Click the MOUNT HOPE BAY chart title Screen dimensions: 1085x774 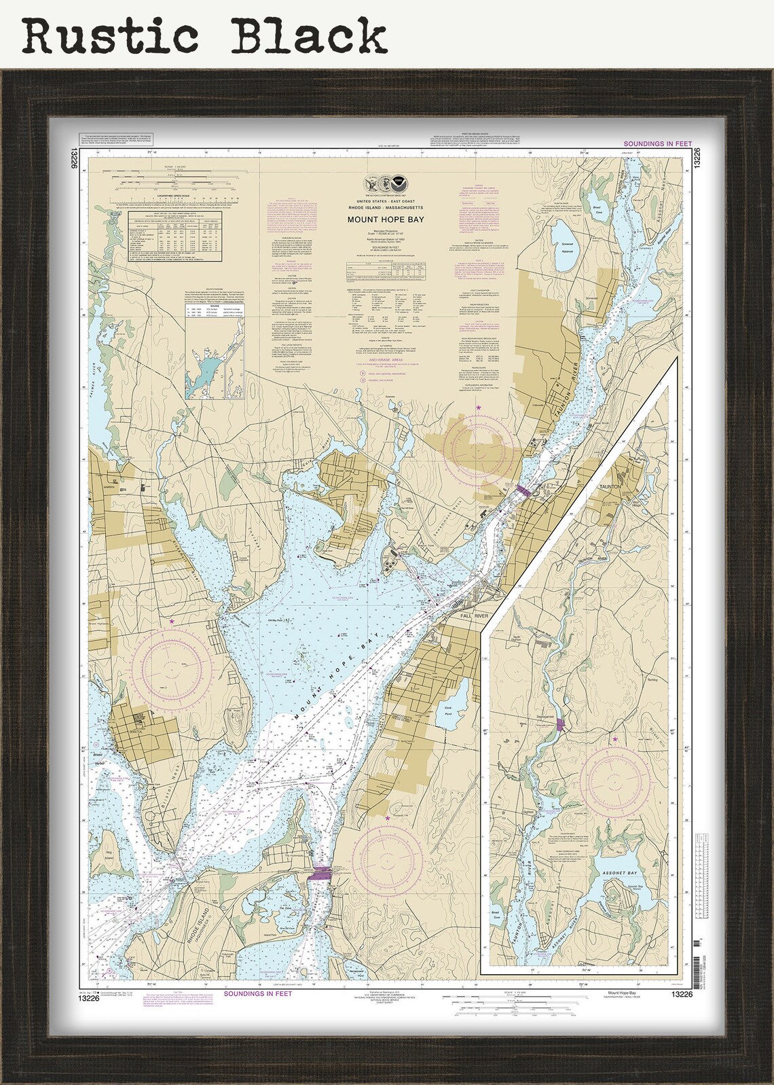tap(385, 219)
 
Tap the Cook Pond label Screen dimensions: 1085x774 tap(448, 709)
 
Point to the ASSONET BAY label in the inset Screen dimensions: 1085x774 tap(619, 872)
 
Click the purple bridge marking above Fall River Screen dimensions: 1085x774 tap(523, 488)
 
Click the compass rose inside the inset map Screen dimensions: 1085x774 tap(615, 775)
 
